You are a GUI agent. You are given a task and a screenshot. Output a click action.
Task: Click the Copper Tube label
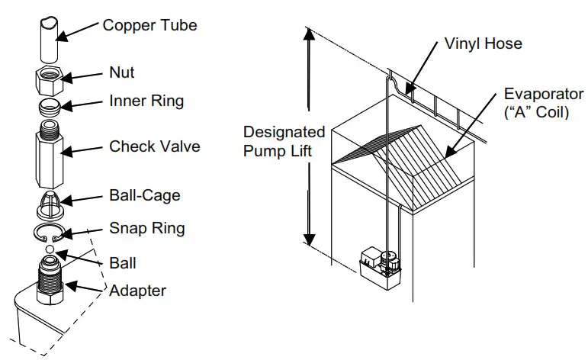point(149,25)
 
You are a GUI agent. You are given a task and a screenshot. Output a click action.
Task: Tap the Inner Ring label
point(146,101)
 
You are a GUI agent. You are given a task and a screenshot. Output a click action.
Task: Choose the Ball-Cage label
point(145,195)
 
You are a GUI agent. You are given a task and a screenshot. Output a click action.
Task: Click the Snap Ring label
point(146,228)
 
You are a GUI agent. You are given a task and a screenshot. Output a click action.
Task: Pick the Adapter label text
point(137,290)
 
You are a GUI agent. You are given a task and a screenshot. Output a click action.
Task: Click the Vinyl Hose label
point(483,43)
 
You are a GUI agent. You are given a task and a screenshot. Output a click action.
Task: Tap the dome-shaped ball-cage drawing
point(51,205)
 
